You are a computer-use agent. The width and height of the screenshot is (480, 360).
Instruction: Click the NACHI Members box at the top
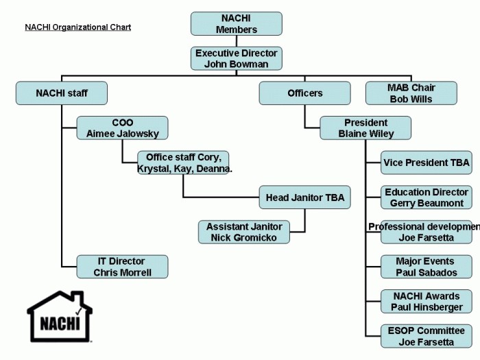click(x=236, y=24)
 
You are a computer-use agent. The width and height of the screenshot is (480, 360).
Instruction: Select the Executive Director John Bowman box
click(x=236, y=58)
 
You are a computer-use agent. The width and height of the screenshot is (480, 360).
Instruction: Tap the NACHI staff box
click(x=62, y=93)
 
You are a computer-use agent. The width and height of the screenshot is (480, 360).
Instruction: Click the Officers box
click(x=304, y=93)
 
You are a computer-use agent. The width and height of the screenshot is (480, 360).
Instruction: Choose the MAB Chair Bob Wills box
click(x=411, y=93)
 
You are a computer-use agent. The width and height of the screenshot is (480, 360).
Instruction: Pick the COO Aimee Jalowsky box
click(x=122, y=128)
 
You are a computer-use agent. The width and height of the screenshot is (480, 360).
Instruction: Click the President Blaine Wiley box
click(x=365, y=128)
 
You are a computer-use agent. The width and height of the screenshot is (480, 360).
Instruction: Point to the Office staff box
click(x=184, y=163)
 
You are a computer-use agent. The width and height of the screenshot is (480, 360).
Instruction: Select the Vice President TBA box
click(x=426, y=163)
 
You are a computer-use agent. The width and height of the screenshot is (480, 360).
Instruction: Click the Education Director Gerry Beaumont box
click(x=426, y=197)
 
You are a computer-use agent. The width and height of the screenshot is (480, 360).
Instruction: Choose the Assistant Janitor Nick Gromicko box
click(x=244, y=232)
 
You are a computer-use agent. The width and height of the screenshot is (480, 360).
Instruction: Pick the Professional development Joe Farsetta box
click(x=426, y=232)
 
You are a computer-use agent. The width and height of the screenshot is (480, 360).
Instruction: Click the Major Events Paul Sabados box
click(x=426, y=267)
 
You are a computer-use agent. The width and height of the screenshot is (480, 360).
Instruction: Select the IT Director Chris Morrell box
click(x=122, y=267)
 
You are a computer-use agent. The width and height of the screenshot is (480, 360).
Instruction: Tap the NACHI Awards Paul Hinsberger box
click(x=426, y=302)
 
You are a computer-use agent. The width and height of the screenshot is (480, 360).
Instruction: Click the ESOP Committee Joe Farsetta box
click(x=426, y=336)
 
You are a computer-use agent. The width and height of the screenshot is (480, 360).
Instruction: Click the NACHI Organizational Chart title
click(x=77, y=27)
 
